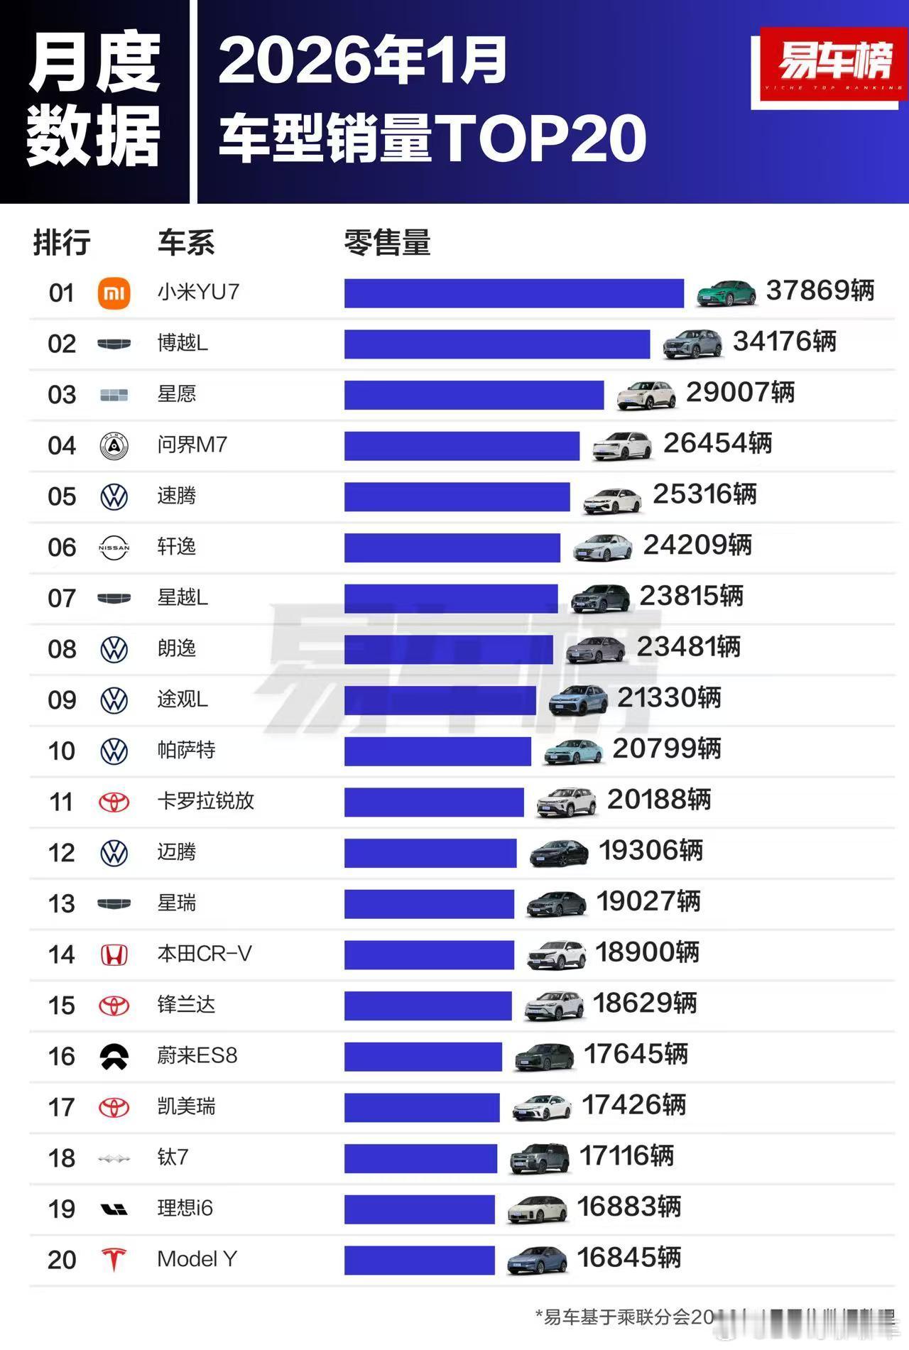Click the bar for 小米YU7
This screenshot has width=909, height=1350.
pos(513,293)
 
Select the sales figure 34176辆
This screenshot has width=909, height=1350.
pos(784,342)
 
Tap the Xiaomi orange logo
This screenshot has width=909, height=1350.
pos(114,293)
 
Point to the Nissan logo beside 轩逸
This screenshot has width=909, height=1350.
pos(114,548)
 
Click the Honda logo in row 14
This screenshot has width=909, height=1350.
pos(114,955)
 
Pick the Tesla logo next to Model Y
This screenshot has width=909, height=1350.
pos(114,1261)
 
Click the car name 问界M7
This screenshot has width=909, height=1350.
pos(192,445)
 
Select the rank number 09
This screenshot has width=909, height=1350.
pos(62,700)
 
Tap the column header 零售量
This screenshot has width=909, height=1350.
pos(387,243)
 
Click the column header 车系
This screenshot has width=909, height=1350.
pos(186,243)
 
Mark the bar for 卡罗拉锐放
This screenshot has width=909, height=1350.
pos(434,802)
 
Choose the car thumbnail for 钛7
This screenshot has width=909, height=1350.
pos(540,1158)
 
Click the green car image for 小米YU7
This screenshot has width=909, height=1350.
pos(726,292)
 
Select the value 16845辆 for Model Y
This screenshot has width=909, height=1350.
pos(628,1258)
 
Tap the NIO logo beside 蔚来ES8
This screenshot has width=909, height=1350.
pos(114,1057)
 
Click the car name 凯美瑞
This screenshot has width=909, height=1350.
pos(186,1106)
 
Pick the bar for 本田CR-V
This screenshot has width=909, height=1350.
pos(429,955)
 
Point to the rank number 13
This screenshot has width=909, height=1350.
pos(62,904)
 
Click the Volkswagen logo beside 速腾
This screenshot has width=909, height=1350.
pos(114,496)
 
